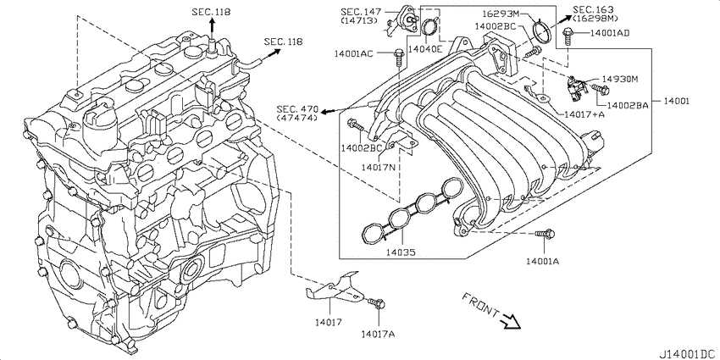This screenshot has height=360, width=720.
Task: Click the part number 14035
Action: click(x=401, y=252)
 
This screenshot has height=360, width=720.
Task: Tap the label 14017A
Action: click(x=378, y=334)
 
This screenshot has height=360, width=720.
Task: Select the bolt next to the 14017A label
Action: click(x=377, y=302)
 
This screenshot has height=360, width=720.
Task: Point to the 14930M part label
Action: click(x=620, y=80)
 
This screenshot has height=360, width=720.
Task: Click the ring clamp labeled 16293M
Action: click(x=542, y=32)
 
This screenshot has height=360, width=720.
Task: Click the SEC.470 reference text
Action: click(x=297, y=109)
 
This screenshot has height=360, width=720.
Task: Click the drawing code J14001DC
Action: click(x=689, y=354)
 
